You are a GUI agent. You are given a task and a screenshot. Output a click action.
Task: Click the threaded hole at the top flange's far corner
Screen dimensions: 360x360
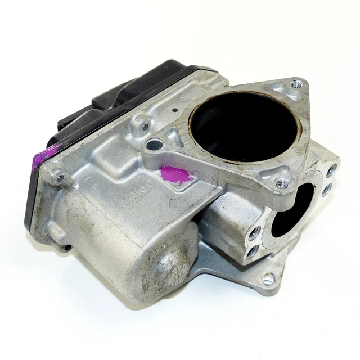tap(296, 84)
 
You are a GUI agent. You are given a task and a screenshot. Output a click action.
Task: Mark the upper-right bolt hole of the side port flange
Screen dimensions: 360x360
tap(333, 168)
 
